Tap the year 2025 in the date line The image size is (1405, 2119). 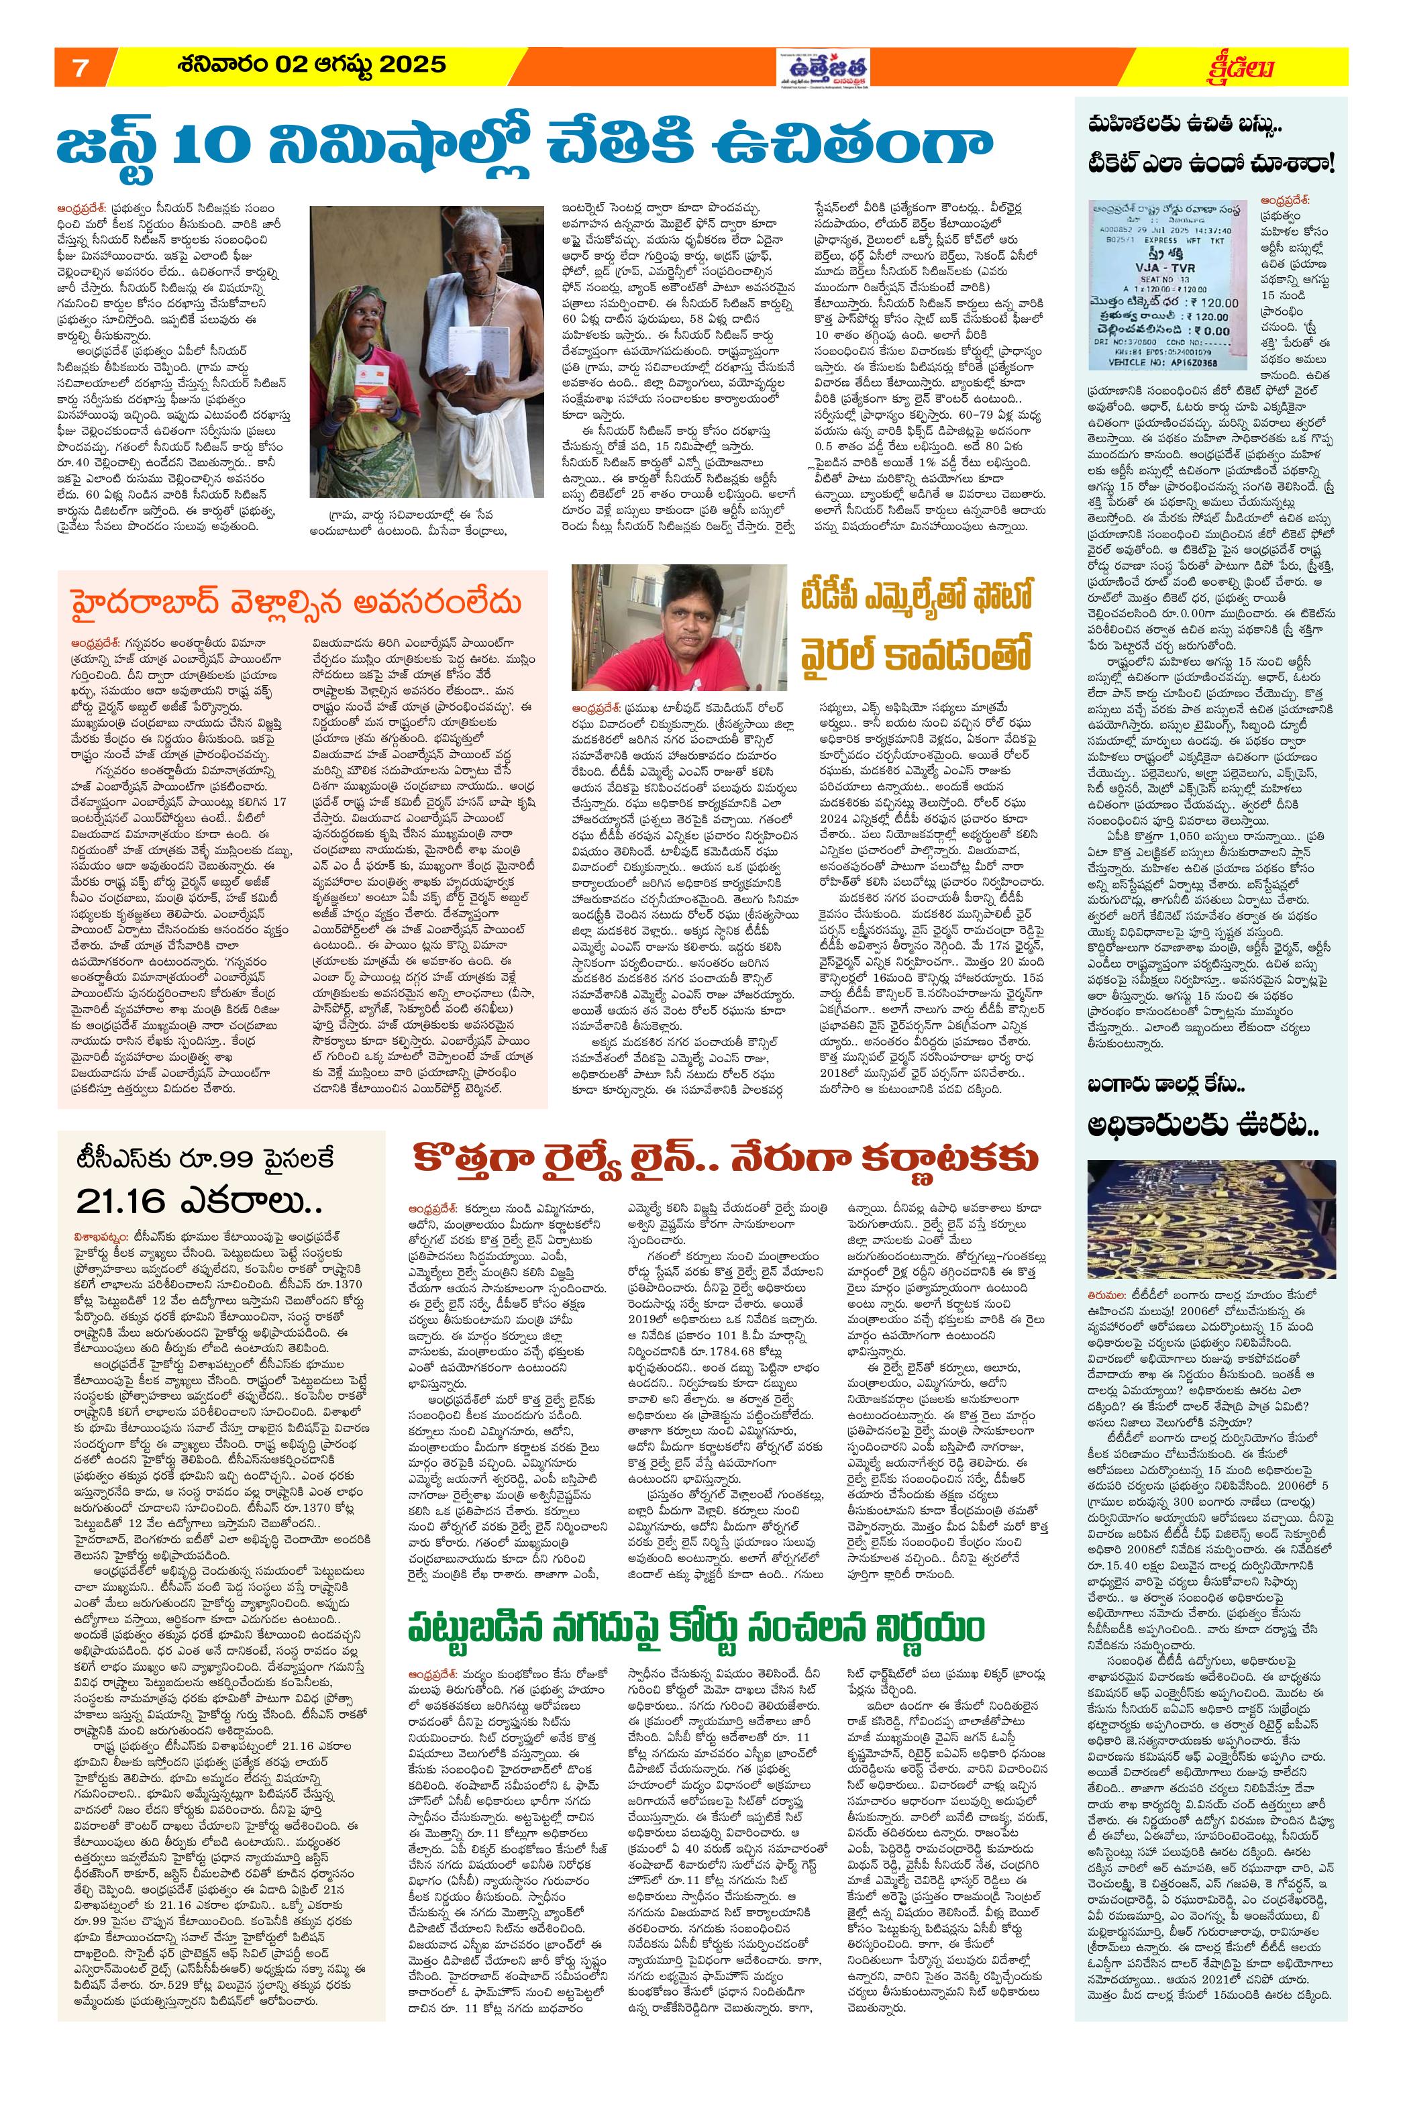(411, 64)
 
